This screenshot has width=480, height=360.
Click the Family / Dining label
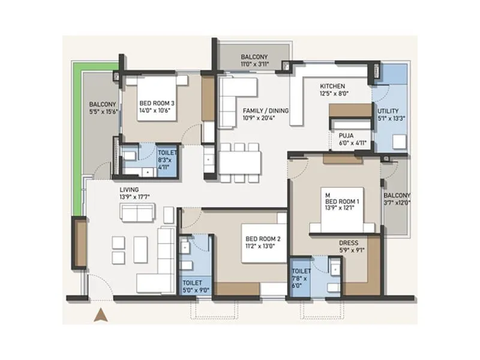266,111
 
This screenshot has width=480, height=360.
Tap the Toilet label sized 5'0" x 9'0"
193,282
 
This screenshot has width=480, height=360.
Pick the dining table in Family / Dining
240,162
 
